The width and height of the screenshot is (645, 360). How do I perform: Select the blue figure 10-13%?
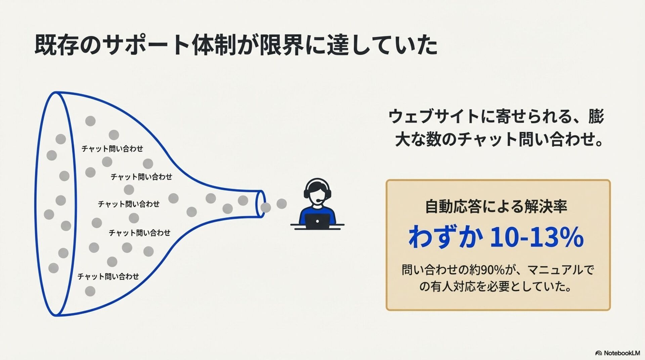click(536, 237)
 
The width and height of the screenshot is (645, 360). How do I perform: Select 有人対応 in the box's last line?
click(457, 287)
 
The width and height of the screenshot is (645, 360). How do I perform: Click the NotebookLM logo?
click(617, 353)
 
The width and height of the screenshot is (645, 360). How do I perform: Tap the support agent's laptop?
click(318, 222)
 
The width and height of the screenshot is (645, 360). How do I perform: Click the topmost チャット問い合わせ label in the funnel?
click(112, 149)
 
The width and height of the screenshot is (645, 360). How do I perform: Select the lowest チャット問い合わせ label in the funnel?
click(108, 276)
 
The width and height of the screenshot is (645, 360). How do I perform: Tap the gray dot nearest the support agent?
click(282, 204)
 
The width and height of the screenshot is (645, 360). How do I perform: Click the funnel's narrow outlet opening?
click(261, 204)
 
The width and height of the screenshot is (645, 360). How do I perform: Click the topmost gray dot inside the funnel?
click(90, 121)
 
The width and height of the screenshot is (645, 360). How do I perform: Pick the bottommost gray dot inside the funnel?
click(90, 291)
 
